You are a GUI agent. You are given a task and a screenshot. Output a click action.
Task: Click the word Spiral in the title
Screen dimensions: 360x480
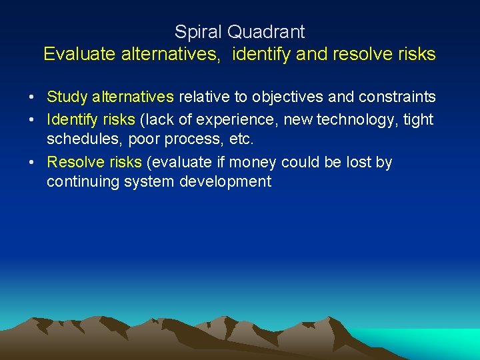click(x=197, y=31)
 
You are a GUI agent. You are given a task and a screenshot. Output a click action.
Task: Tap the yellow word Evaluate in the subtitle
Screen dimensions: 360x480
click(x=79, y=54)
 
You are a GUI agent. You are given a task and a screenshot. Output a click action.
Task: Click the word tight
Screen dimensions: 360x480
click(x=418, y=120)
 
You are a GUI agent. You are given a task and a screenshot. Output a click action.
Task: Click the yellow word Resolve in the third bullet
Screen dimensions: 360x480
click(x=74, y=163)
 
